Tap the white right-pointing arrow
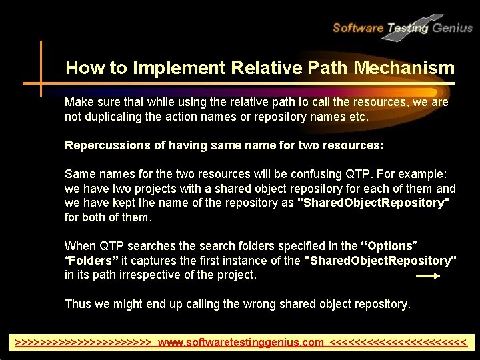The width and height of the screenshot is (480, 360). point(432,275)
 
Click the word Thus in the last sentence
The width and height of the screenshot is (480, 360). point(77,304)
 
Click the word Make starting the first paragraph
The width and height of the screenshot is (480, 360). point(78,103)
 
